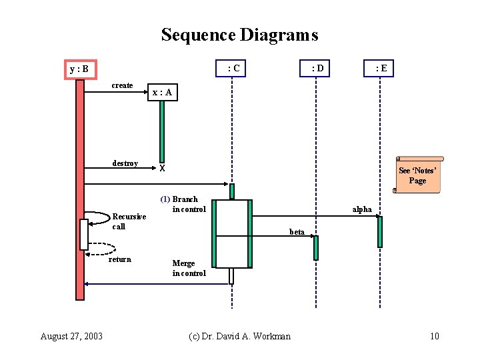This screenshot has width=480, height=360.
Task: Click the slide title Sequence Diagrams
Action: tap(239, 35)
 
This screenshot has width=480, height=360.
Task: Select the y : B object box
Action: tap(80, 69)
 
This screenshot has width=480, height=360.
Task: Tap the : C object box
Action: tap(231, 68)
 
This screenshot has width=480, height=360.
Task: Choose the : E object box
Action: tap(379, 68)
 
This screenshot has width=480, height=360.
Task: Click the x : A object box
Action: tap(162, 93)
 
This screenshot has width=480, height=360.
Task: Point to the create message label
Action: tap(122, 85)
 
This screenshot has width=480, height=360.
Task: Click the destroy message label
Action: tap(125, 163)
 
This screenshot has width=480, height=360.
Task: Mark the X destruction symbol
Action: tap(162, 169)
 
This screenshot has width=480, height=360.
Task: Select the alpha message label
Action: tap(362, 209)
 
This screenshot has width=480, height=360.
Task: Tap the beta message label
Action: tap(297, 232)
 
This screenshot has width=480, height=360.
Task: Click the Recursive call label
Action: tap(129, 221)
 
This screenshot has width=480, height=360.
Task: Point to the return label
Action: tap(120, 259)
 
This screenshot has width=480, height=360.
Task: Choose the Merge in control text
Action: tap(189, 268)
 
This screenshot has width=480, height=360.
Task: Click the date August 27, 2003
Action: tap(71, 336)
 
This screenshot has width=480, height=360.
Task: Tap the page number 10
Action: tap(435, 336)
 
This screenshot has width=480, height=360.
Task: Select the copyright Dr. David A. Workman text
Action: tap(239, 336)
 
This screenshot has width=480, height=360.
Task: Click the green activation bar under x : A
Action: tap(161, 131)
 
